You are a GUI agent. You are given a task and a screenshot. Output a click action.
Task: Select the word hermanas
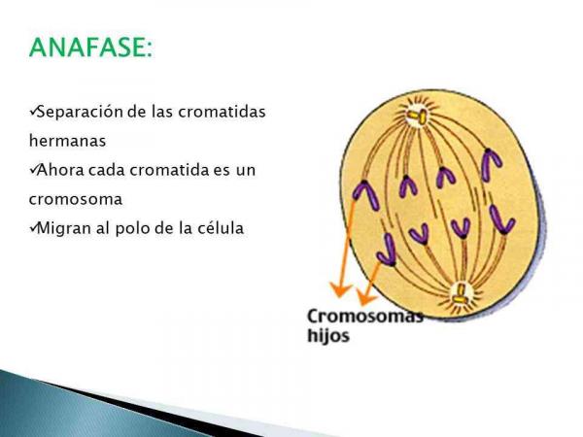click(67, 140)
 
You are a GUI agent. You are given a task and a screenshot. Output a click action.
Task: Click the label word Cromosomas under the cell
click(365, 317)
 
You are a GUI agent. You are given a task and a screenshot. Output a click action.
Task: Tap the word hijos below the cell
click(328, 336)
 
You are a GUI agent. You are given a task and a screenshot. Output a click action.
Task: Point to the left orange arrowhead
click(338, 287)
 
